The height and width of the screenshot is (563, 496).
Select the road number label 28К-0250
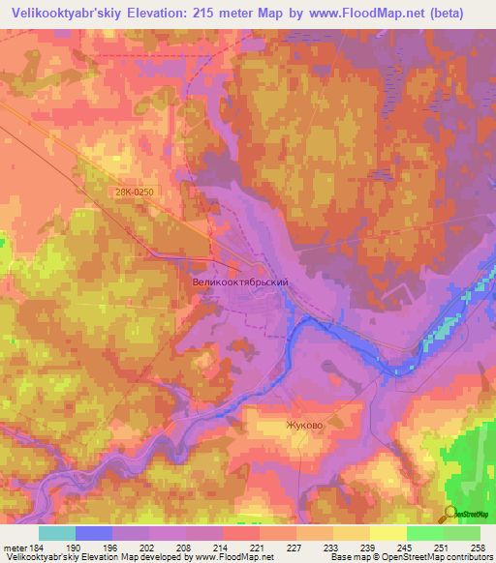(x=132, y=193)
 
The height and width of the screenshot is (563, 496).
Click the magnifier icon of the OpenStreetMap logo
(x=449, y=514)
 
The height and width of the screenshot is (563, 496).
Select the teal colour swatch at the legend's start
(x=57, y=532)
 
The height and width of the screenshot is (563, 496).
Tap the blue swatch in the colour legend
(x=94, y=532)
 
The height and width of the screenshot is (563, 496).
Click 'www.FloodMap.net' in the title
(x=364, y=13)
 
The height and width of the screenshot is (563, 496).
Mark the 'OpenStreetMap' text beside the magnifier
(x=472, y=514)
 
